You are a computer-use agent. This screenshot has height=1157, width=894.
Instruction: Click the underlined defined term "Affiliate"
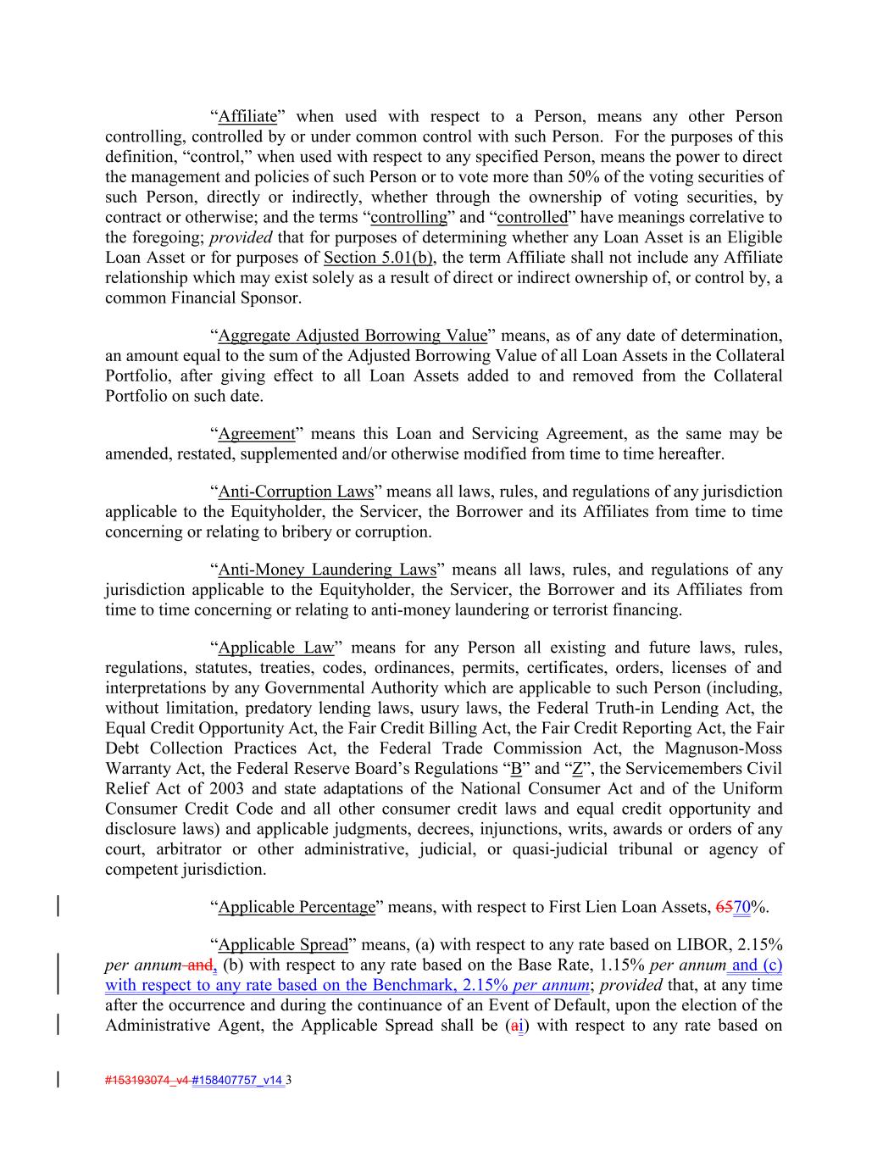(247, 117)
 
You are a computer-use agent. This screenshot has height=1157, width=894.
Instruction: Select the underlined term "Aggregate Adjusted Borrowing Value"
(353, 336)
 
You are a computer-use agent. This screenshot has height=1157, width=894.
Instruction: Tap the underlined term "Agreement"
(257, 434)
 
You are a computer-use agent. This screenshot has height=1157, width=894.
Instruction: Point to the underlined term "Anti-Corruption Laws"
(296, 492)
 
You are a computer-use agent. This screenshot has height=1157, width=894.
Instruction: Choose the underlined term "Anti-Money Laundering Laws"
(327, 570)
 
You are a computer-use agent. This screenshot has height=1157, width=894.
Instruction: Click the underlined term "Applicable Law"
(276, 648)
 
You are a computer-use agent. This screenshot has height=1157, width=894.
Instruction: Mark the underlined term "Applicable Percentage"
(297, 907)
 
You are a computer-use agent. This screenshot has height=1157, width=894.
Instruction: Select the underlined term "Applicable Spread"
(283, 944)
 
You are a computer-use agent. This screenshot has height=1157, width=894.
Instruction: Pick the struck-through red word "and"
(199, 965)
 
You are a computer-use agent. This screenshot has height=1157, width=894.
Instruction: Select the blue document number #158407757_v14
(238, 1081)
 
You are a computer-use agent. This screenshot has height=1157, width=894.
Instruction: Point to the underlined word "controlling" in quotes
(409, 218)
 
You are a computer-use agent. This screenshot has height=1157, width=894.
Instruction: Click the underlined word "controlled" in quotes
(532, 218)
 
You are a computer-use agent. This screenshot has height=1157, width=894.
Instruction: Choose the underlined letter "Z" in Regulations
(577, 770)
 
